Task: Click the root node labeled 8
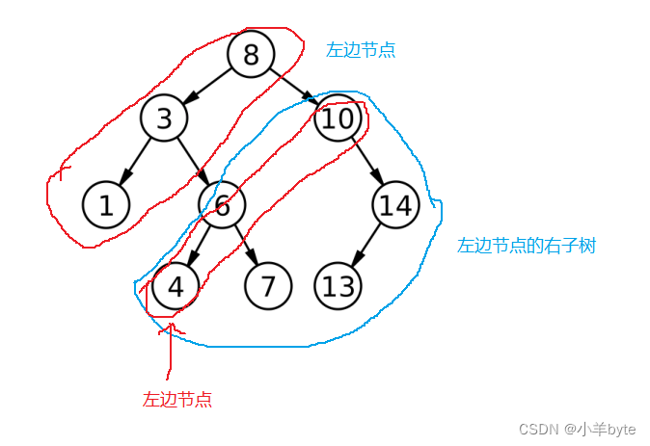coord(251,54)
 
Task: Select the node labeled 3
coord(164,118)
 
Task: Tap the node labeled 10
coord(339,118)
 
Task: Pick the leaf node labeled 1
coord(106,204)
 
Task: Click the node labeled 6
coord(223,204)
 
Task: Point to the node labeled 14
coord(395,204)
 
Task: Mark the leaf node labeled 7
coord(268,286)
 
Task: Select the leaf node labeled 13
coord(339,286)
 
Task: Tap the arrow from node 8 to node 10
coord(294,86)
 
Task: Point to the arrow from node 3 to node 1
coord(135,161)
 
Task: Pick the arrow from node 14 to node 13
coord(367,245)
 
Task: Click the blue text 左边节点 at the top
coord(361,50)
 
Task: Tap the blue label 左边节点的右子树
coord(527,246)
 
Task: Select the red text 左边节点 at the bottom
coord(177,399)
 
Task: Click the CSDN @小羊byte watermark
coord(578,428)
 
